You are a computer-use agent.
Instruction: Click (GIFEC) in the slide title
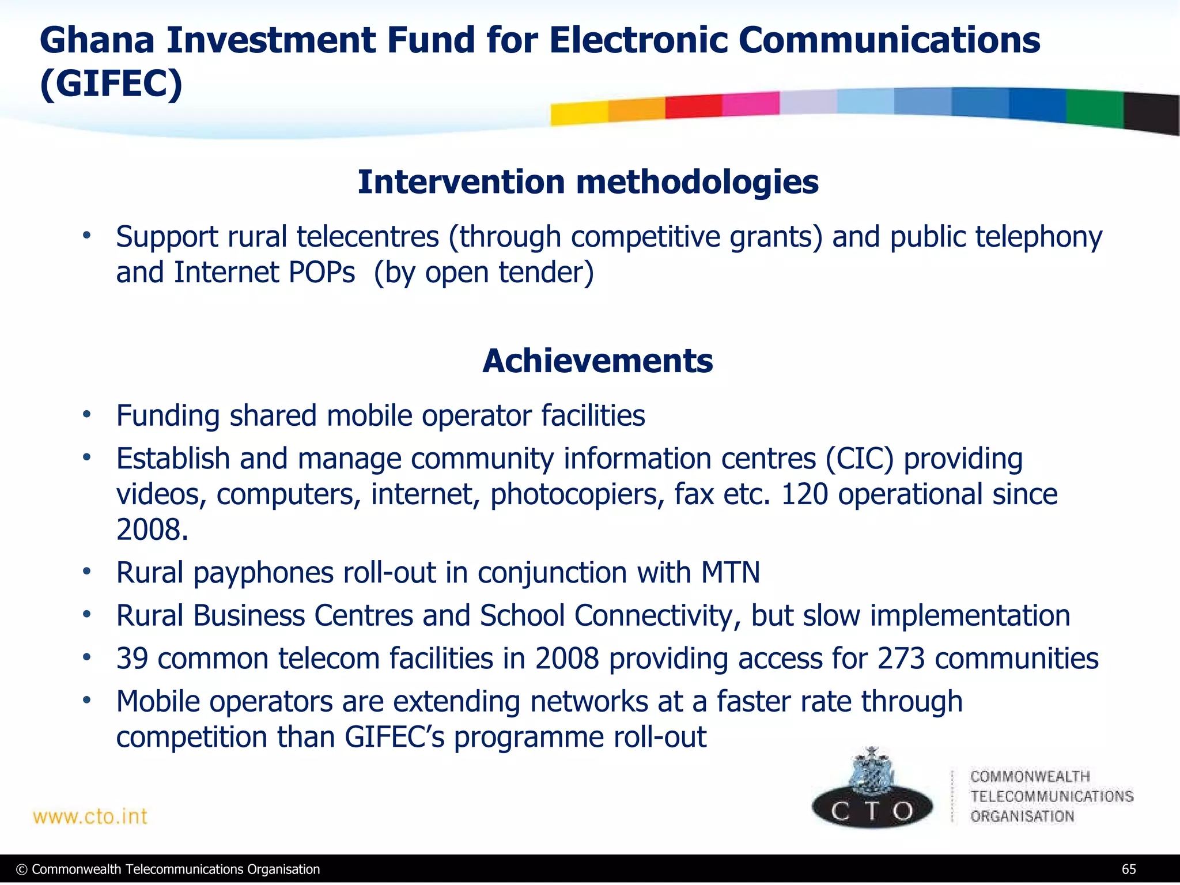(111, 84)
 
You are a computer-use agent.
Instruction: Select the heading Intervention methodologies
(588, 182)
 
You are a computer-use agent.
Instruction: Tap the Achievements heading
(597, 361)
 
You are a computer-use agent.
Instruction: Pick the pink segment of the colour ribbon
(750, 104)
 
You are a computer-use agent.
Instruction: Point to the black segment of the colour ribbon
(1151, 113)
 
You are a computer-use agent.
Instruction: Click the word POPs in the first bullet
(322, 273)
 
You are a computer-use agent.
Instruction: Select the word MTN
(730, 573)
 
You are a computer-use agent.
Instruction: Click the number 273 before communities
(901, 659)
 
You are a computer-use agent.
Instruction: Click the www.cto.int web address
(90, 816)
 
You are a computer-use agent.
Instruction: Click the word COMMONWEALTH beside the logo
(1030, 776)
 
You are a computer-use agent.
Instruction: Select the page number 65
(1128, 869)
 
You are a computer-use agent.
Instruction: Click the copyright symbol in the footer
(22, 869)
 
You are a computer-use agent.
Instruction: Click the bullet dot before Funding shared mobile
(86, 414)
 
